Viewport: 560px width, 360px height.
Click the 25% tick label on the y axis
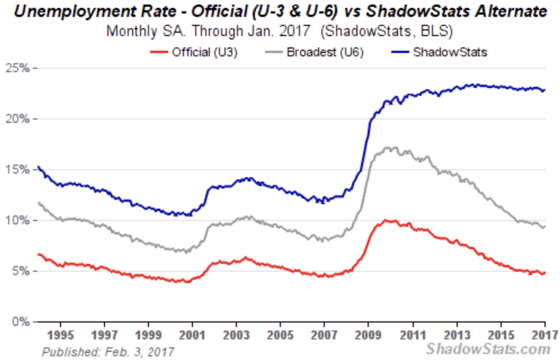point(18,68)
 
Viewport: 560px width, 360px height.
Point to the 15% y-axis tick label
point(18,170)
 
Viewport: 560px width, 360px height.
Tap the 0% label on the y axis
point(21,322)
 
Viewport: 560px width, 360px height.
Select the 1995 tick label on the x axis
point(60,335)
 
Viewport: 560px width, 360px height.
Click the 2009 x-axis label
point(368,335)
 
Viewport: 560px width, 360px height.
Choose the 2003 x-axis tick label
point(236,335)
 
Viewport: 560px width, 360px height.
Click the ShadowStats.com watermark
point(488,349)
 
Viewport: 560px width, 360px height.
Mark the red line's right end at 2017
point(545,273)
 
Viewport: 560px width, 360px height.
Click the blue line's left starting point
point(38,166)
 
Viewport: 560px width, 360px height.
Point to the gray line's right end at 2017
point(545,227)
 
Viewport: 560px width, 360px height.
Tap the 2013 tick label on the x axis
point(457,335)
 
